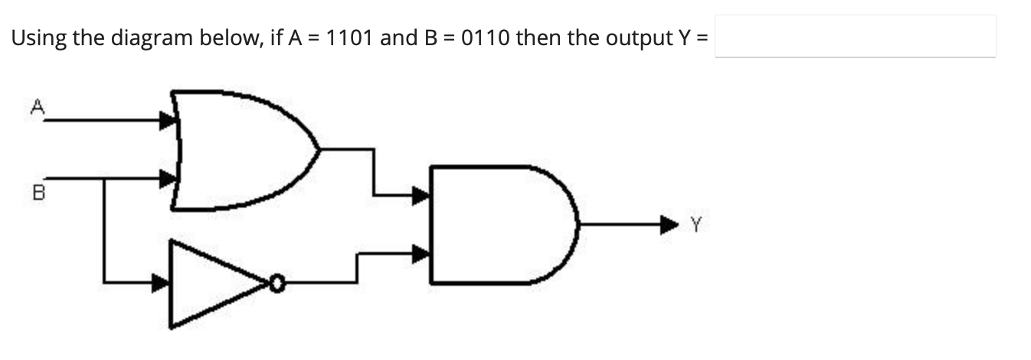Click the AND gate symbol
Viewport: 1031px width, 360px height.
498,223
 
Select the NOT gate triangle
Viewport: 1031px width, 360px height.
214,284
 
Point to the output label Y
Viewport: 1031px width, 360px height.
695,224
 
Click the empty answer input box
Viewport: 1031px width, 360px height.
856,36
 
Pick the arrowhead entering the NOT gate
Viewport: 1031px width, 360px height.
160,283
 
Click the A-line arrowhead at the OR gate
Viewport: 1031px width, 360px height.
166,119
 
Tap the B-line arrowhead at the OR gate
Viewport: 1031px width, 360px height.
166,178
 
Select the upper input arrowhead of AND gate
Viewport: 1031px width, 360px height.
421,197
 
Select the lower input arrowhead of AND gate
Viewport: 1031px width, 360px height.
421,254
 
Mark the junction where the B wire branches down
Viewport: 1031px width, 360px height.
103,178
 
